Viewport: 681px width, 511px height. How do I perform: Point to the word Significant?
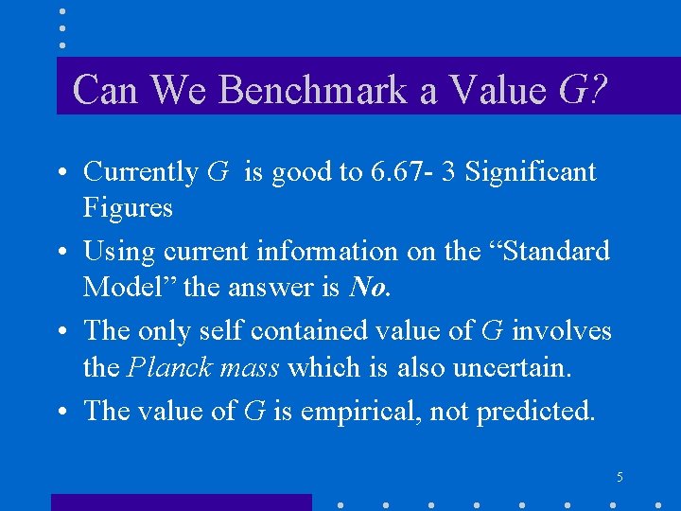click(531, 172)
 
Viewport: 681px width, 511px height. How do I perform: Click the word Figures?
click(128, 207)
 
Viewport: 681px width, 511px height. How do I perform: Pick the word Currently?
click(140, 172)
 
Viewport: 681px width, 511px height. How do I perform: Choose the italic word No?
click(369, 287)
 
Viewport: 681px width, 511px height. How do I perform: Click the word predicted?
click(535, 412)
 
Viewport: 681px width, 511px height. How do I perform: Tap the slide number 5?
click(620, 478)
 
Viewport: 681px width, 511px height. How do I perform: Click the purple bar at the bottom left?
click(180, 502)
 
